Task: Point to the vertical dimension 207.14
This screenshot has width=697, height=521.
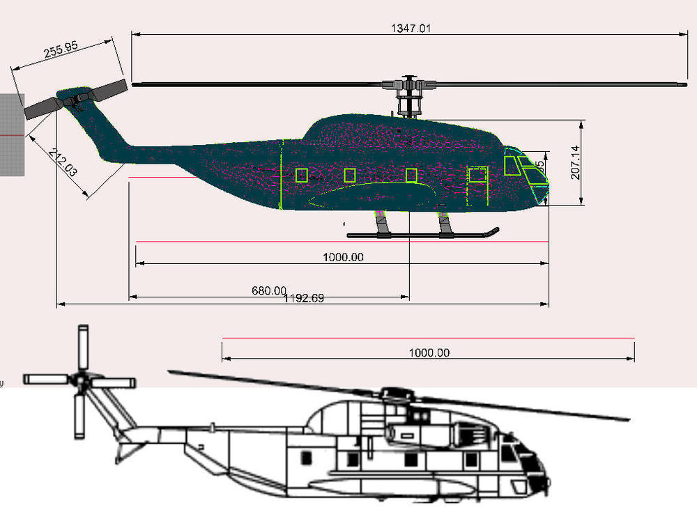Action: pos(576,163)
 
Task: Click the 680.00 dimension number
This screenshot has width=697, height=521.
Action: pos(269,290)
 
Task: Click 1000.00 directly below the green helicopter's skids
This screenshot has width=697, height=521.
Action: pos(343,257)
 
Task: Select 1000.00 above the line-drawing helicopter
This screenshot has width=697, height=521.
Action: pos(429,352)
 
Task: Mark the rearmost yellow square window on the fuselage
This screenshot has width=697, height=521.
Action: pos(301,176)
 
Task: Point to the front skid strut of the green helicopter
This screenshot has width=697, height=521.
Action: pos(444,224)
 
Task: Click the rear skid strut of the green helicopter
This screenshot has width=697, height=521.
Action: pos(382,224)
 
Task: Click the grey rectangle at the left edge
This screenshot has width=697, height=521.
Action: pos(12,133)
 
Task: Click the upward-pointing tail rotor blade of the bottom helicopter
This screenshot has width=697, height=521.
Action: pos(83,347)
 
